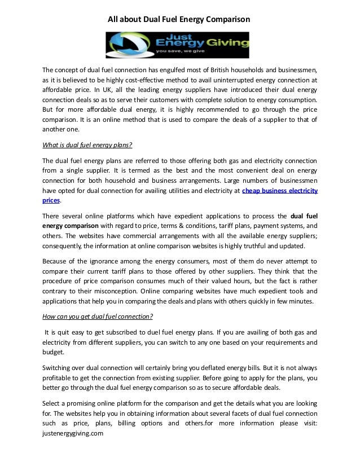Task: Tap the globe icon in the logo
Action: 122,45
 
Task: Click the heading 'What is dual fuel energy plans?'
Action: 87,144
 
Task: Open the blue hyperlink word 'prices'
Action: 52,201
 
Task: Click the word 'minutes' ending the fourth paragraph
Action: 301,301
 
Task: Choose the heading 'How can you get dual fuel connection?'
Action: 98,316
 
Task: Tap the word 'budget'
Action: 53,352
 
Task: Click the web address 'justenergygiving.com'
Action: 73,433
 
